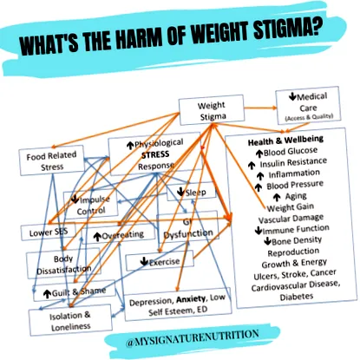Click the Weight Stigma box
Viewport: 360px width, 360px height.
[x=212, y=110]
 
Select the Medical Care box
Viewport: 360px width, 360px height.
[x=308, y=105]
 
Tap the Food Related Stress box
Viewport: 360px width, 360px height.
[x=52, y=161]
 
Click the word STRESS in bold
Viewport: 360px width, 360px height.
[x=155, y=154]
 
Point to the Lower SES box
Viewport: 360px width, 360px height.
[x=49, y=232]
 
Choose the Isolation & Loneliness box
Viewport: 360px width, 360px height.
[x=70, y=320]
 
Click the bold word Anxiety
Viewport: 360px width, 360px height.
[x=191, y=299]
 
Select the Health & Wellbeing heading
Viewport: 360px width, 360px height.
[x=285, y=141]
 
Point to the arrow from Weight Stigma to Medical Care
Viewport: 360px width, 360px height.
[x=260, y=108]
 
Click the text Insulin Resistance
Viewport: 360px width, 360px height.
[x=293, y=163]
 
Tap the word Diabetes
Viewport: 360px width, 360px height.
[x=297, y=297]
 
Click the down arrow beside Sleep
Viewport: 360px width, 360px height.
[x=180, y=191]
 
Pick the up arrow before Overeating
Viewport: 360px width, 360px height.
[x=97, y=237]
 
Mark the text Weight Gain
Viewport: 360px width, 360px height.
[x=290, y=207]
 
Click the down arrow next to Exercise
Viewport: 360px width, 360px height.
[x=144, y=261]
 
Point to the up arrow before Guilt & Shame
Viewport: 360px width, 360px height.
[x=47, y=294]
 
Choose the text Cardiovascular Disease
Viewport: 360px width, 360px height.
[x=295, y=285]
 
